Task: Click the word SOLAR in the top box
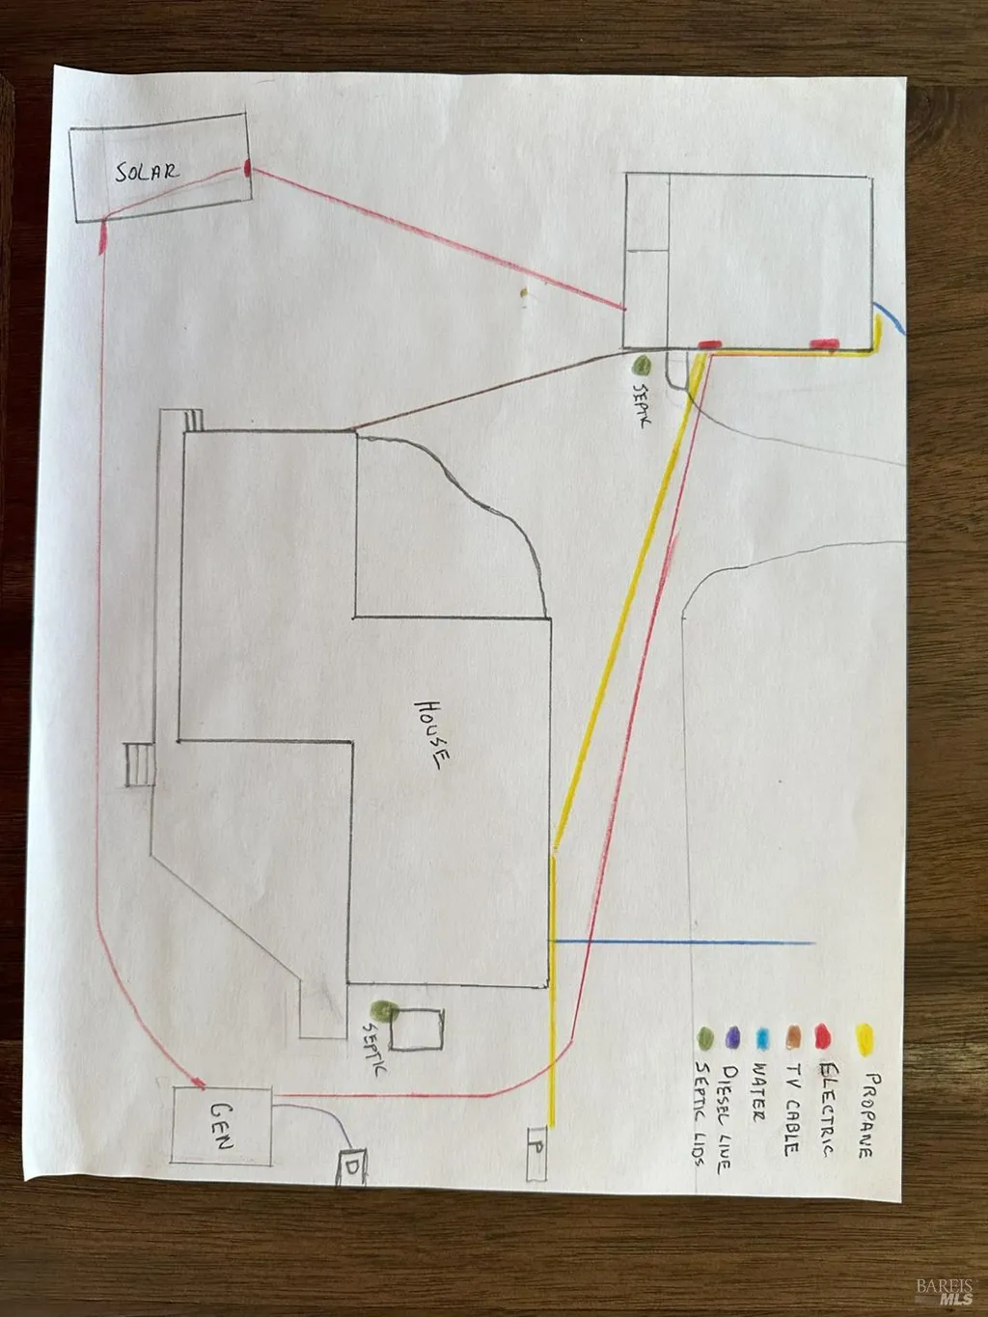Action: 147,172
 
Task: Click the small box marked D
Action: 353,1166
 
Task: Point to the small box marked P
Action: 536,1153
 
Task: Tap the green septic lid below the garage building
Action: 643,365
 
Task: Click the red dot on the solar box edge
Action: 247,168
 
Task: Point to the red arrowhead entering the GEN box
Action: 198,1082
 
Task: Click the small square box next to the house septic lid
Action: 417,1029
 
